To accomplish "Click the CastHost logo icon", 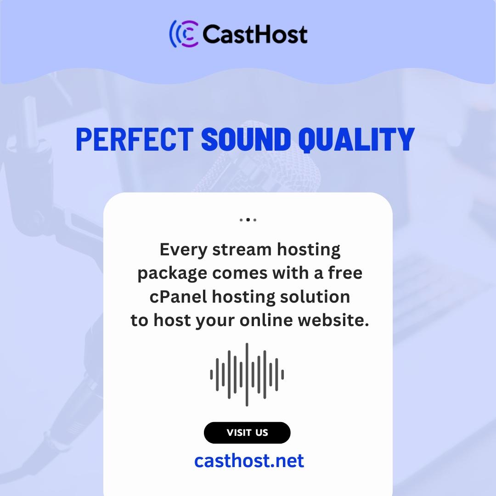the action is click(185, 34).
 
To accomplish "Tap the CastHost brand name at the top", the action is click(255, 34).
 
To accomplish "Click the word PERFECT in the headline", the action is click(135, 139).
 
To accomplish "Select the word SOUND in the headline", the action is click(246, 139).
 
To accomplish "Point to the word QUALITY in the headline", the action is click(356, 140).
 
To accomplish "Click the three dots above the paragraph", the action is click(248, 220).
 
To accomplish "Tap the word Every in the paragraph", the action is click(183, 250).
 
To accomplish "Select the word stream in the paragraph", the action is click(242, 250).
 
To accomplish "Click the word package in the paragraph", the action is click(172, 274).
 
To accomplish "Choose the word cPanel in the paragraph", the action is click(178, 297).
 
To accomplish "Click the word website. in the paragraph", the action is click(333, 320).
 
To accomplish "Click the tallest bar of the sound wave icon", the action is click(247, 375).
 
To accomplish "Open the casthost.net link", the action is click(249, 461).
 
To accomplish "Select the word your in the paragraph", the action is click(215, 321).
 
